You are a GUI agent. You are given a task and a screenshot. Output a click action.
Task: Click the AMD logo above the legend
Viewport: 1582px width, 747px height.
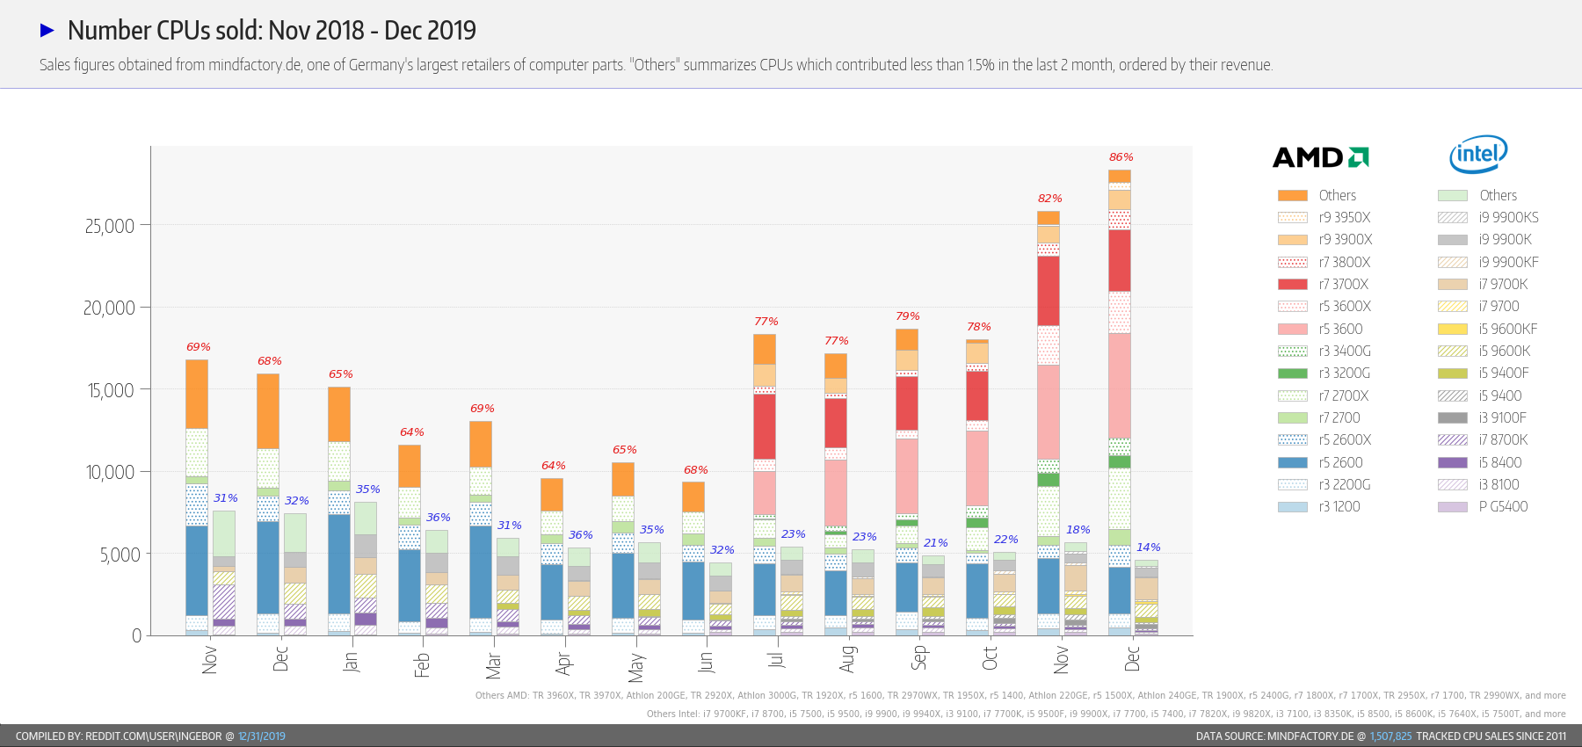pyautogui.click(x=1320, y=157)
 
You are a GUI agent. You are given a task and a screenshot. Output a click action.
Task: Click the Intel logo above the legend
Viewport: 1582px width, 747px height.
pyautogui.click(x=1478, y=155)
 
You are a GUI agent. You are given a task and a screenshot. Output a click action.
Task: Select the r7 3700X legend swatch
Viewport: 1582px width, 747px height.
pyautogui.click(x=1292, y=284)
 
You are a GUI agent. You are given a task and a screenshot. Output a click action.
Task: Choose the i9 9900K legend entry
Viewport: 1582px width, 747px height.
pyautogui.click(x=1505, y=239)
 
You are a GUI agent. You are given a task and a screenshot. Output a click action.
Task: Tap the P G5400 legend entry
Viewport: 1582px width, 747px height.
pyautogui.click(x=1503, y=506)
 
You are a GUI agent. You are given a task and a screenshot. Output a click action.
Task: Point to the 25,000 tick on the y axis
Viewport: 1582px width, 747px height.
pyautogui.click(x=110, y=226)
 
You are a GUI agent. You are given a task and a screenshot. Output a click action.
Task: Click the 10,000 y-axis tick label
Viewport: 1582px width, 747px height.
pyautogui.click(x=110, y=473)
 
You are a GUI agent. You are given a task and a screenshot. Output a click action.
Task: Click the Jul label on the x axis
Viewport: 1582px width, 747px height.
pyautogui.click(x=775, y=658)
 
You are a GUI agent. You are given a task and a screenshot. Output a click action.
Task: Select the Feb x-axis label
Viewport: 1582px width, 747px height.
pyautogui.click(x=422, y=664)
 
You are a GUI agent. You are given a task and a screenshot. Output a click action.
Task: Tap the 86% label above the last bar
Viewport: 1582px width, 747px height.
pyautogui.click(x=1121, y=157)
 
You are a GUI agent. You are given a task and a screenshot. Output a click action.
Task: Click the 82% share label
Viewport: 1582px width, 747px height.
pyautogui.click(x=1049, y=199)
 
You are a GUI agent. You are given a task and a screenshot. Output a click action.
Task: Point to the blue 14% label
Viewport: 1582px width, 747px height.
pyautogui.click(x=1148, y=548)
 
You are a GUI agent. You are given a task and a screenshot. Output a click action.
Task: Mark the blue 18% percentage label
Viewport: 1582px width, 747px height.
pyautogui.click(x=1078, y=530)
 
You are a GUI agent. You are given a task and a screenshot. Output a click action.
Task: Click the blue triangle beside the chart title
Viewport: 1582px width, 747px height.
pyautogui.click(x=47, y=31)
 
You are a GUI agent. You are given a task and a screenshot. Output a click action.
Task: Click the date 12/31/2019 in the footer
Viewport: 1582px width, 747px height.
pyautogui.click(x=261, y=736)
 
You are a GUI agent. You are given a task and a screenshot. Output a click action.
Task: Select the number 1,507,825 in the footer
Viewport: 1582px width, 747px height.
pyautogui.click(x=1390, y=736)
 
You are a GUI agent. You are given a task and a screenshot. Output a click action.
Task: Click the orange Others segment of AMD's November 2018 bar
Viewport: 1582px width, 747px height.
pyautogui.click(x=197, y=394)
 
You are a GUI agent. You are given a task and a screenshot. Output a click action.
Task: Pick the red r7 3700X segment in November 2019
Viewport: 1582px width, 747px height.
pyautogui.click(x=1049, y=290)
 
